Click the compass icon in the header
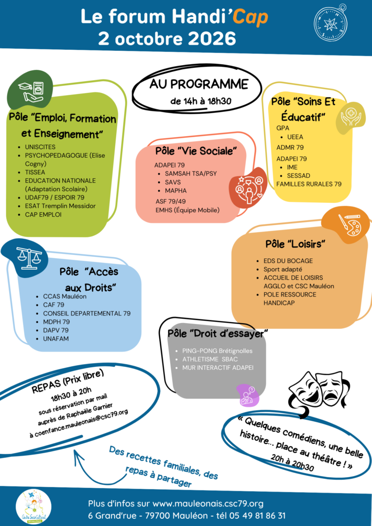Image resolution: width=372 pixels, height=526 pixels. tap(330, 23)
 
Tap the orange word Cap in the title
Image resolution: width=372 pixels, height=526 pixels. tap(250, 17)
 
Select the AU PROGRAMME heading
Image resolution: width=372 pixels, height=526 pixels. tap(198, 84)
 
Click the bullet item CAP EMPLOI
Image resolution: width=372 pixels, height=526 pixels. tap(43, 214)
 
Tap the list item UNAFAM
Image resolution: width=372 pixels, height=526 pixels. tap(55, 339)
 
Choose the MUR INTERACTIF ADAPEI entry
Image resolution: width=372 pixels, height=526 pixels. tap(218, 368)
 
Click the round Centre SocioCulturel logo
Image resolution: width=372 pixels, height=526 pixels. tap(33, 506)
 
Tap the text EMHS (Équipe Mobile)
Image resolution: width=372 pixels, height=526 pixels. tap(188, 210)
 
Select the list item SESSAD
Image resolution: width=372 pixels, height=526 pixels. tap(299, 176)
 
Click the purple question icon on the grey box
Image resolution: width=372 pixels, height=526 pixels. tap(248, 394)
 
